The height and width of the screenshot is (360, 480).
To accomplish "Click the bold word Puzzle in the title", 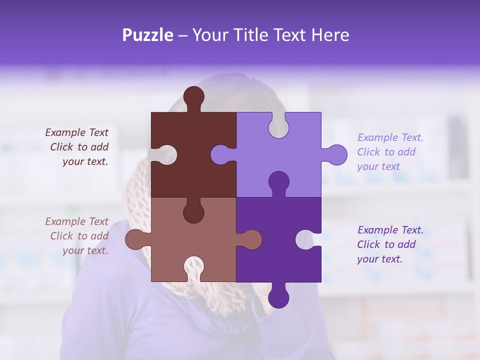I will (148, 35).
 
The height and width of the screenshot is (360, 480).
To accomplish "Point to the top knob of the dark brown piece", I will (193, 96).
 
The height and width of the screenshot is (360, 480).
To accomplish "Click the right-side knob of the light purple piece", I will (336, 154).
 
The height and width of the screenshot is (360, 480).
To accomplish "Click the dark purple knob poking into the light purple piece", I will (278, 181).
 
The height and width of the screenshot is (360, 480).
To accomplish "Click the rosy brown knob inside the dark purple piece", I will (251, 239).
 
